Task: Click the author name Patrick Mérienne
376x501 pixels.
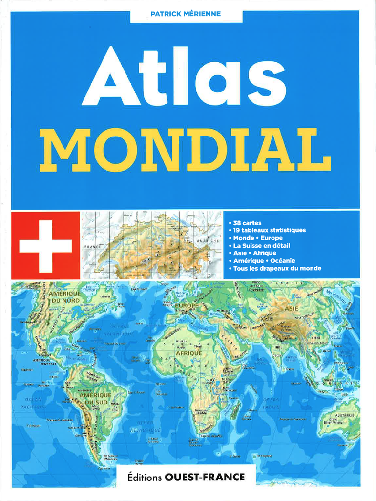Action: click(186, 14)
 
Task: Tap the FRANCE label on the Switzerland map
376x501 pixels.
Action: click(91, 247)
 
